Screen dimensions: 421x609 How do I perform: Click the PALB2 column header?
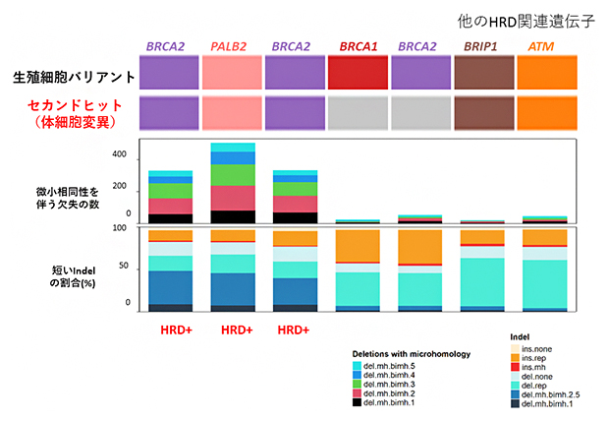pyautogui.click(x=232, y=46)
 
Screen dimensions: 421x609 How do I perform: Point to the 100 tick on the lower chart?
pyautogui.click(x=122, y=228)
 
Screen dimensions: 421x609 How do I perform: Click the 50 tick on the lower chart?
pyautogui.click(x=124, y=267)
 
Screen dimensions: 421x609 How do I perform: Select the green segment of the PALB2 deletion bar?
pyautogui.click(x=232, y=175)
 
